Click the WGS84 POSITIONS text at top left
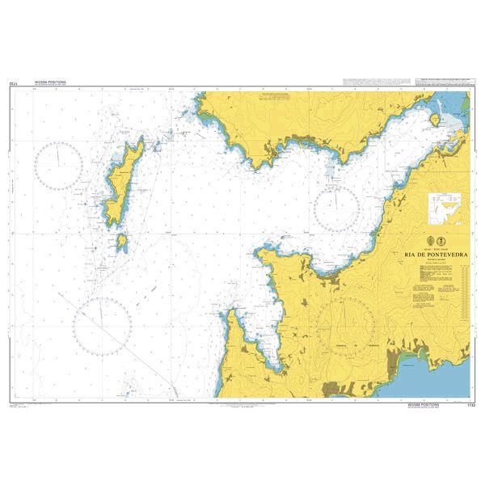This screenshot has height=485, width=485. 48,82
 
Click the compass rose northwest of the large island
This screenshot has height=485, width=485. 58,166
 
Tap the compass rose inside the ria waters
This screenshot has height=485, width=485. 336,209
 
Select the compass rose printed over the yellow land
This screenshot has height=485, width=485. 345,326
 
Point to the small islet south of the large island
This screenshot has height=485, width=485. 121,241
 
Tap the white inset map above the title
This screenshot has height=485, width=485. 445,210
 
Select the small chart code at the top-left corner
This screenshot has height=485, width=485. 13,83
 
